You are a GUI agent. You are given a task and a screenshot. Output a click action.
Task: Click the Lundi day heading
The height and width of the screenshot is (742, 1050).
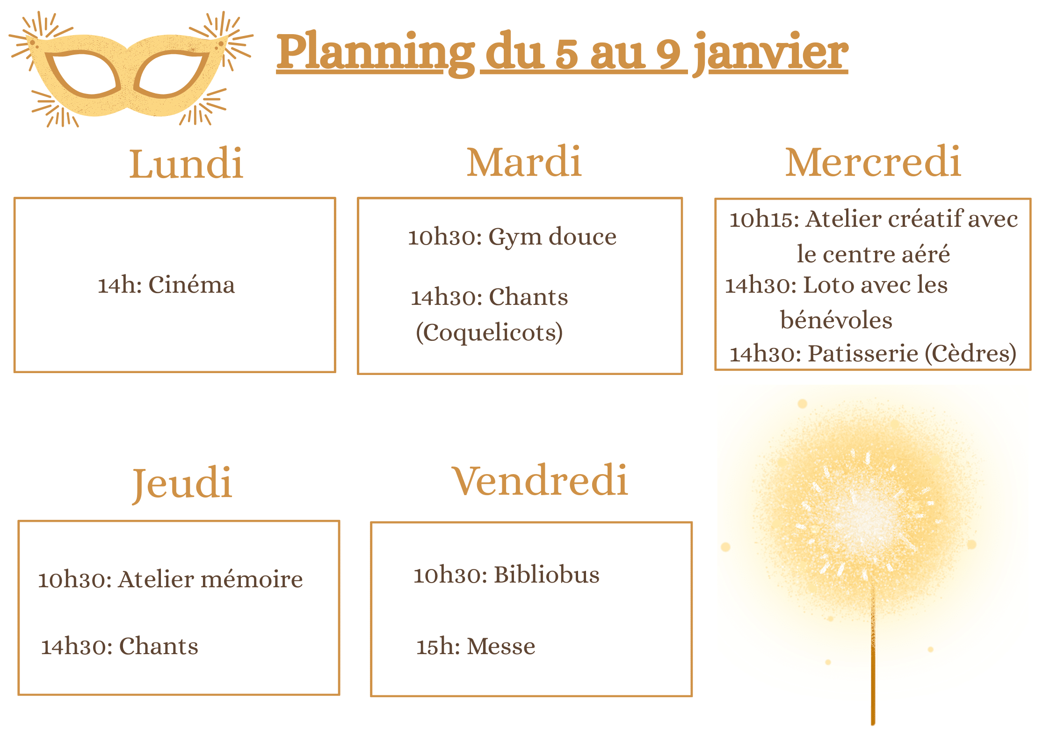(186, 163)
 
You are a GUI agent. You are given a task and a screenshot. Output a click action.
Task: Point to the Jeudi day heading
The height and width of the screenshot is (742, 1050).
(182, 483)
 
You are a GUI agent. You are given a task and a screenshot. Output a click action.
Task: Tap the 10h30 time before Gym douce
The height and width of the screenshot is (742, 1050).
(444, 237)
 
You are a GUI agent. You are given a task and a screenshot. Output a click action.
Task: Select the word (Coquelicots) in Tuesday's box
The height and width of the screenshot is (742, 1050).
(489, 333)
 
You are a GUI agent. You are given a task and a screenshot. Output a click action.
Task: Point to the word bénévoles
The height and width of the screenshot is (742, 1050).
(836, 320)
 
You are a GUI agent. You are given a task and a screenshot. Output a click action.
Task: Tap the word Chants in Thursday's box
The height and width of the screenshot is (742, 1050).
(159, 646)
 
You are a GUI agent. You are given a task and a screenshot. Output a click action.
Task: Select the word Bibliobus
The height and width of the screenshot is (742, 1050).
(547, 575)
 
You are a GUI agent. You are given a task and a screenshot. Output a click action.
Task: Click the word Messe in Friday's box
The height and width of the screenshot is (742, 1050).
(501, 647)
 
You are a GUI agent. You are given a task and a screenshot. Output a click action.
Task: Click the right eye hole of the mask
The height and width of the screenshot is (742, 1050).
(171, 74)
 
